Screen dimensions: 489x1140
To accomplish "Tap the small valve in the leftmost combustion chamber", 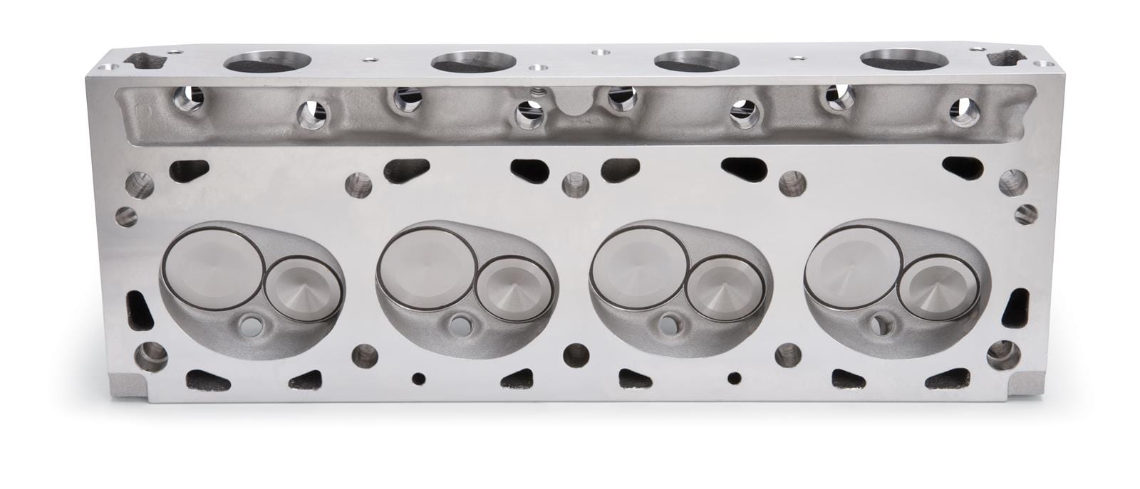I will pos(296,288).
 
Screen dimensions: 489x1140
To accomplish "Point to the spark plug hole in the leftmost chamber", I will pos(249,325).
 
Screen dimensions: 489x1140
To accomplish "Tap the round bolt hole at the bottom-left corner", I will pos(150,352).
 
